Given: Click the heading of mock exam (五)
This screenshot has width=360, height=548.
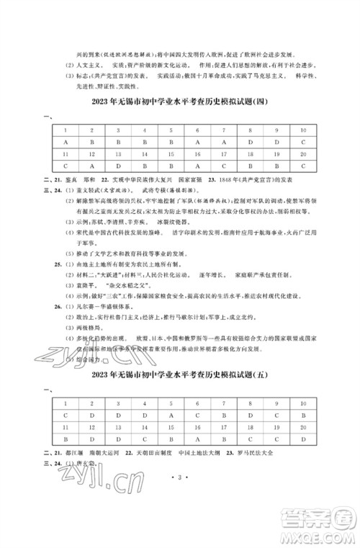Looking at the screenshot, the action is (180, 376).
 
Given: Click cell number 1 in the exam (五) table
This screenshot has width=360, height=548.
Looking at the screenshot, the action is (64, 403).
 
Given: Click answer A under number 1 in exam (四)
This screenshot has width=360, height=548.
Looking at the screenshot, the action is (64, 142).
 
